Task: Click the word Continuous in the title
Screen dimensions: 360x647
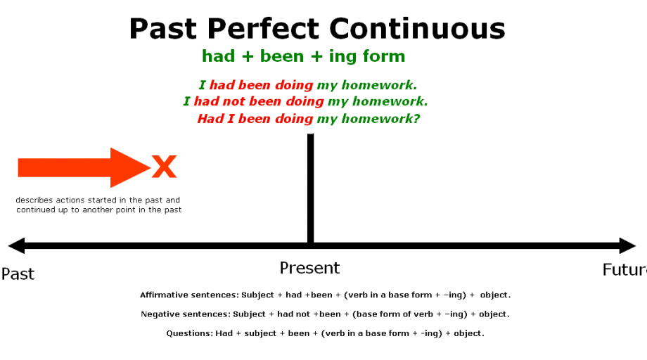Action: [418, 29]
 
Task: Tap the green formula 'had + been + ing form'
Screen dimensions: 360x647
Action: [303, 56]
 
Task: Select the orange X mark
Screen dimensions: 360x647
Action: [164, 167]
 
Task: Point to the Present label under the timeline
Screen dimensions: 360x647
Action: [309, 268]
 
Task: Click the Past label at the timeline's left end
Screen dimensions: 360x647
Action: [18, 274]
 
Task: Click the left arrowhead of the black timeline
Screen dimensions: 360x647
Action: [16, 246]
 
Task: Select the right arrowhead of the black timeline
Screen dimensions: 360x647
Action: [628, 246]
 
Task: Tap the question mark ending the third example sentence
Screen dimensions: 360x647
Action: [416, 119]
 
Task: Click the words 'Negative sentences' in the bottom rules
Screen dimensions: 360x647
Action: [185, 314]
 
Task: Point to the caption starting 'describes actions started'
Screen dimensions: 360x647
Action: [98, 205]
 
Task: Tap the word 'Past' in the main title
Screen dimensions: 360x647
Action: [163, 29]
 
